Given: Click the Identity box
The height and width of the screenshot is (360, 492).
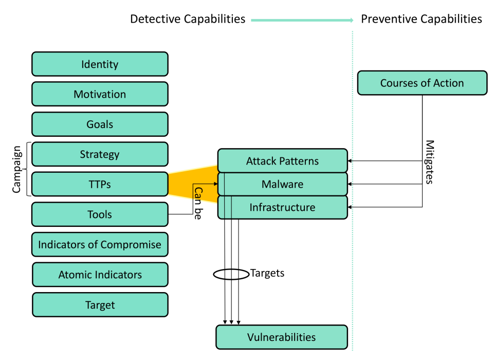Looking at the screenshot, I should click(x=100, y=64).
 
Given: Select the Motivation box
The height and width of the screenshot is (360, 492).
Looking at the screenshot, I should click(x=100, y=94).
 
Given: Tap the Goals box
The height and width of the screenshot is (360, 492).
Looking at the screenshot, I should click(x=100, y=124).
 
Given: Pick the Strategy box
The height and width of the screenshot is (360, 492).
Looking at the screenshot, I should click(x=100, y=154).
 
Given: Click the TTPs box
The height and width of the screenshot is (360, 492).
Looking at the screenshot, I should click(x=100, y=184).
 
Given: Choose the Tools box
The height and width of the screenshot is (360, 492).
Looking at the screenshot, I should click(x=100, y=214).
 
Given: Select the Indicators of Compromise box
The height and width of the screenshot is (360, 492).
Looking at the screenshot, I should click(x=100, y=245).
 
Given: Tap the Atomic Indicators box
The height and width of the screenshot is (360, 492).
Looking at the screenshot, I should click(x=100, y=275).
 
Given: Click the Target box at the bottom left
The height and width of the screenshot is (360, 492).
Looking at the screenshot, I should click(x=100, y=305).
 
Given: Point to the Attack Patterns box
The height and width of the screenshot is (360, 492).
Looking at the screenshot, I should click(x=282, y=161).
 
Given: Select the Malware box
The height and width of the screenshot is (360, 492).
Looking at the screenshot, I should click(x=282, y=184).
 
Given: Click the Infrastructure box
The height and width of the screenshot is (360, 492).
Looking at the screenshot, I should click(x=282, y=207).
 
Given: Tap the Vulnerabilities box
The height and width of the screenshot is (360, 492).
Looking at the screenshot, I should click(x=281, y=337).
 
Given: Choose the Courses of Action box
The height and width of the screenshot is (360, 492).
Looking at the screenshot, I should click(x=422, y=83).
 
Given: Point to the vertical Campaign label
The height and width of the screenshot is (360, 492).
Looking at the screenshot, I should click(x=16, y=169).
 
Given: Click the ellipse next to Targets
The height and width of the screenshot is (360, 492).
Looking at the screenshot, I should click(x=231, y=274).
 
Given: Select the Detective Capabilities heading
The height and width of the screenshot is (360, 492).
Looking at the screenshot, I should click(x=188, y=20).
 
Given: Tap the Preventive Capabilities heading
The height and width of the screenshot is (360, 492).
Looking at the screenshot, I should click(x=422, y=20).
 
